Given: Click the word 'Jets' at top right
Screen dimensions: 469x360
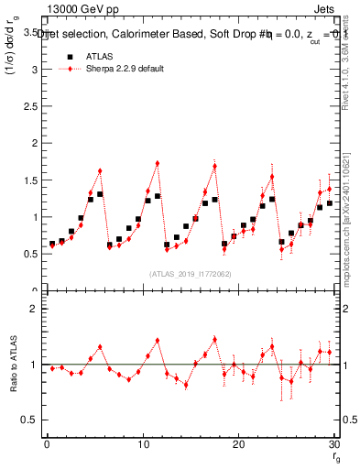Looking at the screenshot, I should point(327,8).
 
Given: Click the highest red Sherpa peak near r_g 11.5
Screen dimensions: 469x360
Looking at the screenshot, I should point(158,163).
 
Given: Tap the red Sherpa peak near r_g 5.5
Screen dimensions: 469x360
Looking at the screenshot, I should point(100,170).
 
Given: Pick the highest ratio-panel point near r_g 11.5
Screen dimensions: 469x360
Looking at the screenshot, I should point(158,340).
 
